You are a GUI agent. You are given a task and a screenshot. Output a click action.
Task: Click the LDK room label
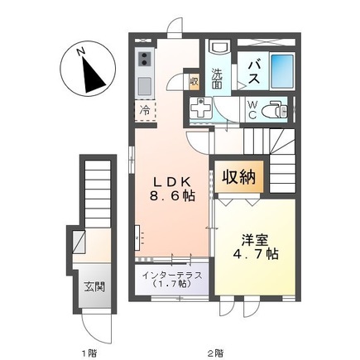pyautogui.click(x=171, y=182)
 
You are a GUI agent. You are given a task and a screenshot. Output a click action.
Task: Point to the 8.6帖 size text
pyautogui.click(x=172, y=198)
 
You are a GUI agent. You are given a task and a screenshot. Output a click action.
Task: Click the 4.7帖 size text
pyautogui.click(x=256, y=254)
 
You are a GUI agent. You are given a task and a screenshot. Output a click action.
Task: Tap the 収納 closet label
pyautogui.click(x=239, y=177)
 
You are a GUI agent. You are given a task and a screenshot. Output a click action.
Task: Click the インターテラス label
pyautogui.click(x=172, y=275)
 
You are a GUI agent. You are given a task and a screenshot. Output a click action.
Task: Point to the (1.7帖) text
pyautogui.click(x=172, y=285)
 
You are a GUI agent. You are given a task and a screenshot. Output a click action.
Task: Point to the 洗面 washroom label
pyautogui.click(x=218, y=77)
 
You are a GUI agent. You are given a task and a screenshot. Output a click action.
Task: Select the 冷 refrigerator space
pyautogui.click(x=144, y=111)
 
